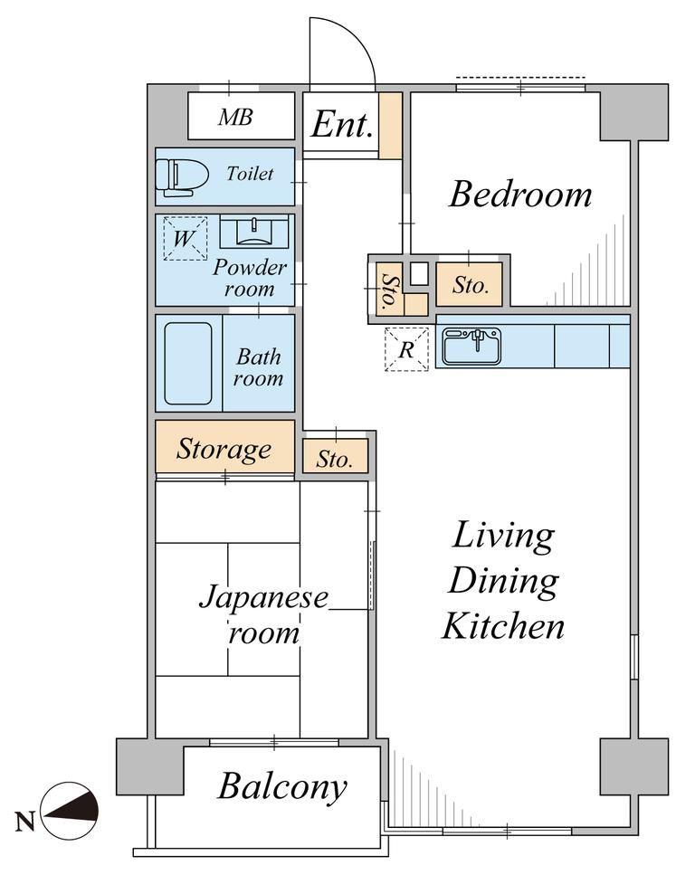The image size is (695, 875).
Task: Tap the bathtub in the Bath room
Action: click(x=188, y=363)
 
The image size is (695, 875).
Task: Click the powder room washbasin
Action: click(x=254, y=232)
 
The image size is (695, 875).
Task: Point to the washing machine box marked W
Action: click(x=185, y=238)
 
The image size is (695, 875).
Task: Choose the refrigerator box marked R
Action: click(x=406, y=349)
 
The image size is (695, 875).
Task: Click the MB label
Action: click(x=235, y=118)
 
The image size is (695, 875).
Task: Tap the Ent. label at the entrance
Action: click(x=342, y=124)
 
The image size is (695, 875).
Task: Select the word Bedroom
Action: click(x=520, y=195)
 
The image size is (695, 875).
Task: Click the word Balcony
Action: click(x=282, y=787)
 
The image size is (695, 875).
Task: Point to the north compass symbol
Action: click(x=71, y=810)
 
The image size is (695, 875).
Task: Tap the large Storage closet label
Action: click(x=224, y=449)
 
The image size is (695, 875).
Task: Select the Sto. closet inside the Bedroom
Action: click(x=470, y=285)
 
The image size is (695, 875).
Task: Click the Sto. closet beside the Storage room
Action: click(x=336, y=456)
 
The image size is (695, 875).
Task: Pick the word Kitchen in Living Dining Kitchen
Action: click(x=503, y=626)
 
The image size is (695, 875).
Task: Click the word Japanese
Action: click(x=263, y=597)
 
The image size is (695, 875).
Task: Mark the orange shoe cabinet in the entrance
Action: click(x=391, y=126)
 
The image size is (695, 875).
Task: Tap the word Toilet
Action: click(x=250, y=174)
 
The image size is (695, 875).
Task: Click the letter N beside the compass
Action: click(x=24, y=821)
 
